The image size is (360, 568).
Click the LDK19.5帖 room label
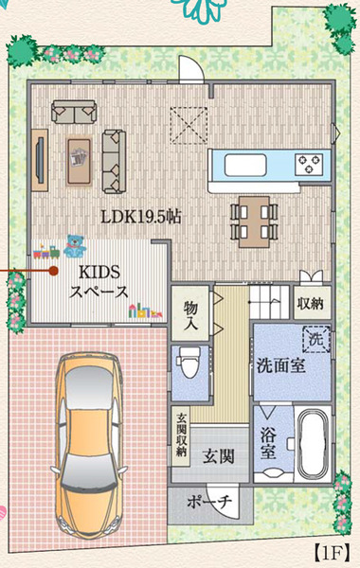click(x=141, y=217)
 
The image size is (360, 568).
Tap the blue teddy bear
click(x=75, y=246)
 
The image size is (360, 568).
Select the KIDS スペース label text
click(x=99, y=282)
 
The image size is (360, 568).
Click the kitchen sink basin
click(x=245, y=166)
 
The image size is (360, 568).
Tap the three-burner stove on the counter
click(x=309, y=164)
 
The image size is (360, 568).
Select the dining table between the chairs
click(x=254, y=222)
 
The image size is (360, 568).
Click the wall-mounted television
click(x=40, y=160)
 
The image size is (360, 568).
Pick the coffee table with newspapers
click(x=79, y=161)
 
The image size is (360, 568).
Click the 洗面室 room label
click(x=281, y=365)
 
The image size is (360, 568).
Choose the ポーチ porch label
click(x=209, y=502)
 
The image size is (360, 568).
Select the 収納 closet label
click(x=311, y=303)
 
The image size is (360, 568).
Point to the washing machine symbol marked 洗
click(x=316, y=340)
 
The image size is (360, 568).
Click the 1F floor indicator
click(x=332, y=553)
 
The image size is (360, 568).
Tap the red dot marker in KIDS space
click(x=53, y=270)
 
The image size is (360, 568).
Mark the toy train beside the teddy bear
click(x=46, y=252)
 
